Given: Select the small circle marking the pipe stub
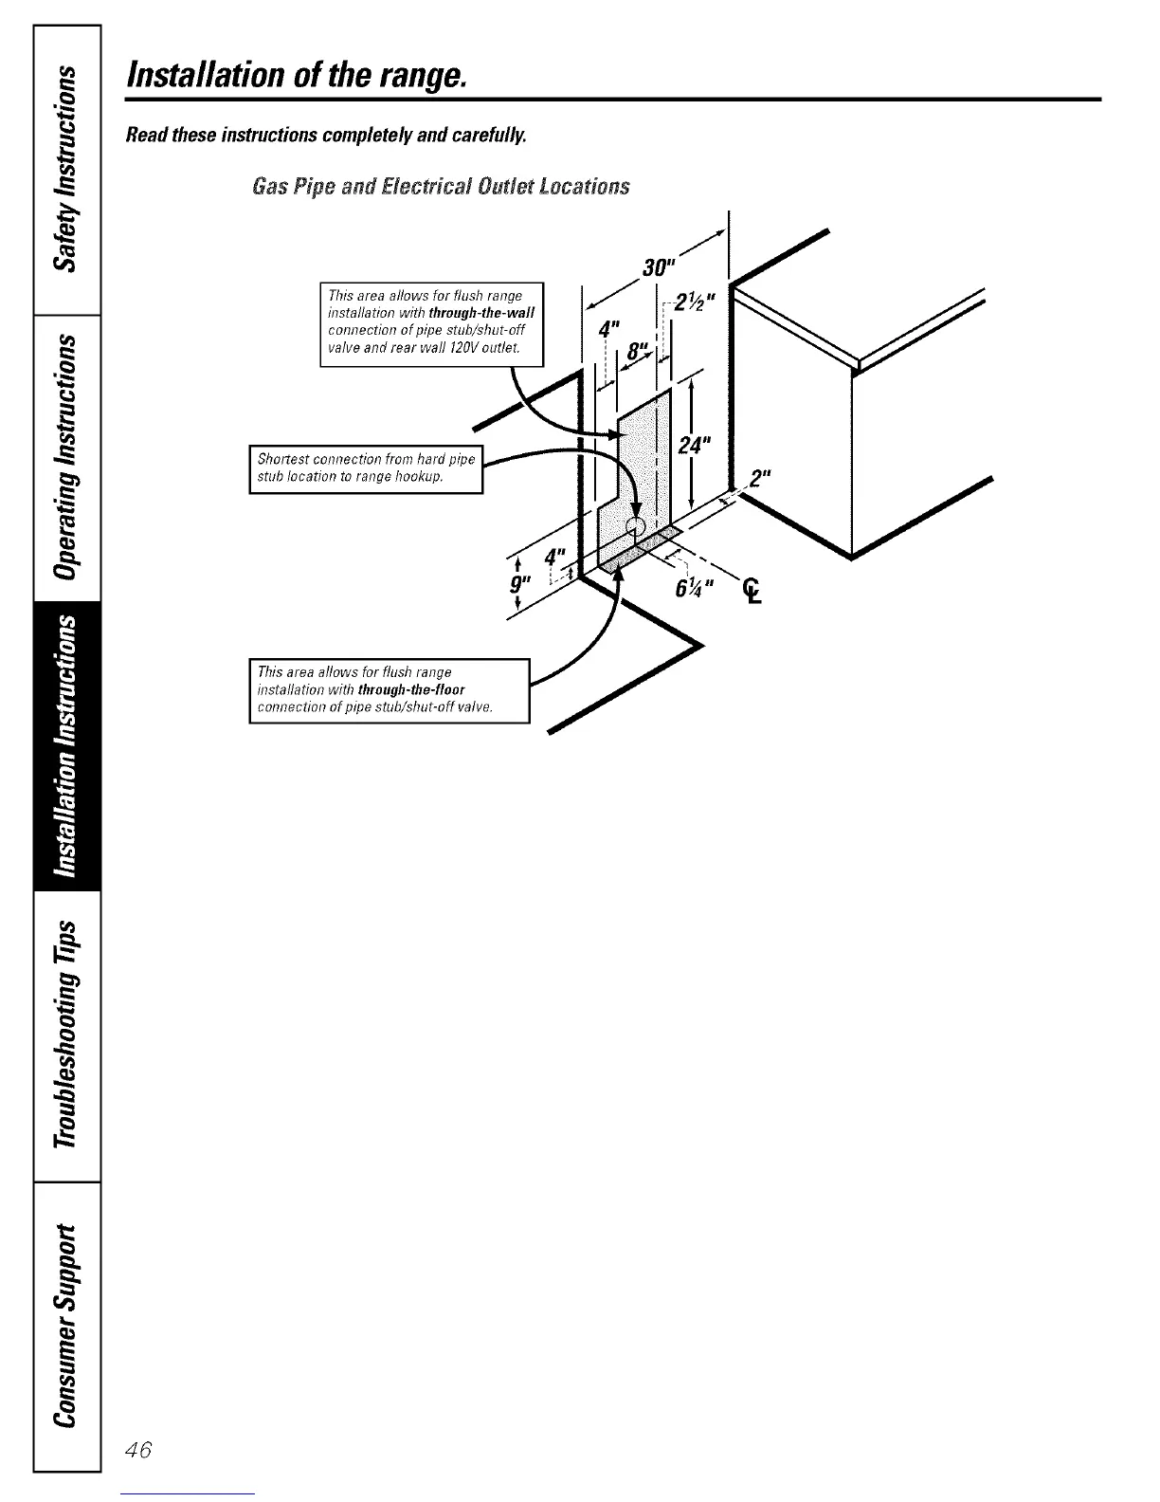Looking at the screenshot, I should (636, 524).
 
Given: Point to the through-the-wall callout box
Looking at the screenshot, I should (432, 323).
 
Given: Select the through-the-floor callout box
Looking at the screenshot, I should (389, 689).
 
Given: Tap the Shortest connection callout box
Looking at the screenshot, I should (366, 468).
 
